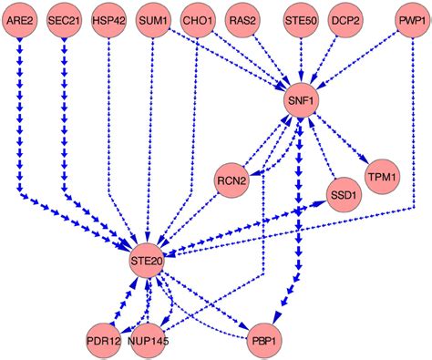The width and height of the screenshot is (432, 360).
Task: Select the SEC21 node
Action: pyautogui.click(x=64, y=20)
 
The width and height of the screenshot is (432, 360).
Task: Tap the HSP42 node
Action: pyautogui.click(x=108, y=20)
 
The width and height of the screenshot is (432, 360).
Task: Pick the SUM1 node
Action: pyautogui.click(x=152, y=20)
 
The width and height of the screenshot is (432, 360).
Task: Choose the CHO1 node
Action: pyautogui.click(x=198, y=20)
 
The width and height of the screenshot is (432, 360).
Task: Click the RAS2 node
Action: pyautogui.click(x=242, y=20)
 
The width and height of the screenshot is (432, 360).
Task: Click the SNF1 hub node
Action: pyautogui.click(x=301, y=102)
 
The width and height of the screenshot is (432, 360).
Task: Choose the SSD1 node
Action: pyautogui.click(x=345, y=195)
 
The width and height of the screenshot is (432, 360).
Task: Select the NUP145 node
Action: pyautogui.click(x=149, y=339)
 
